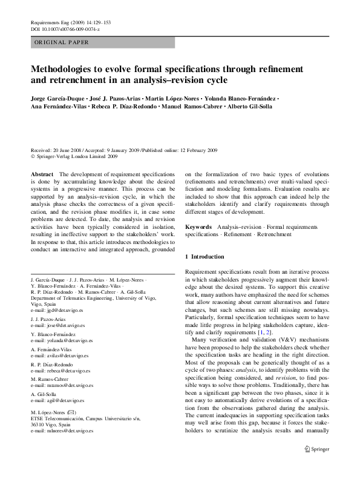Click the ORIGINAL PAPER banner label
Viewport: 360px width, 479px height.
(x=62, y=42)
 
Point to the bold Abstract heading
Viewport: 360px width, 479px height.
(x=42, y=174)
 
